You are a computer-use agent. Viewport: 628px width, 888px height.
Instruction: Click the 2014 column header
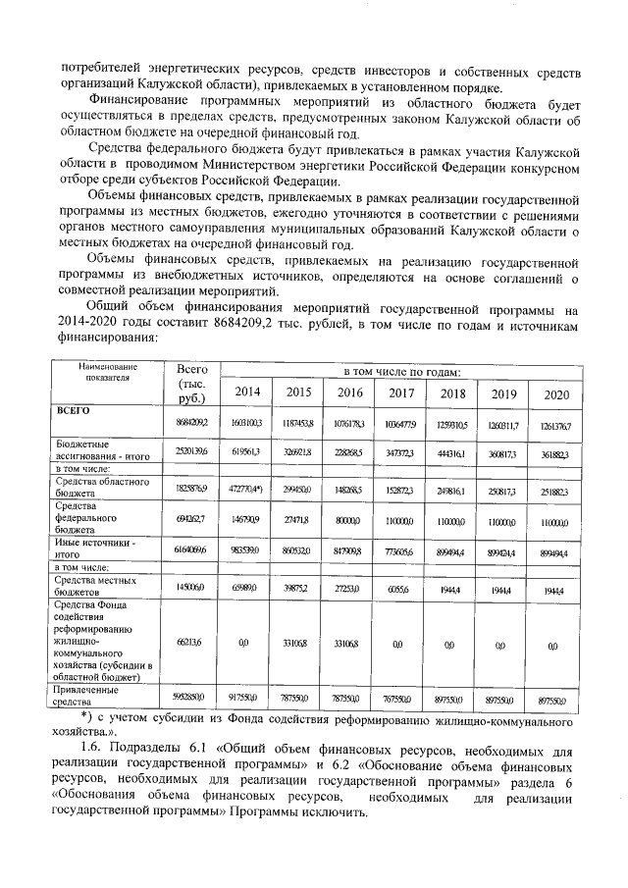click(x=244, y=393)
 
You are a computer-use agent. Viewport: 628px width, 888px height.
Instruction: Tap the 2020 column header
click(x=555, y=393)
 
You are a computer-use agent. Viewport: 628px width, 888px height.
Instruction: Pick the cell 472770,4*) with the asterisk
click(x=244, y=488)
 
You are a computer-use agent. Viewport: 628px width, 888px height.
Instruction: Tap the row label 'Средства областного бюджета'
click(x=98, y=487)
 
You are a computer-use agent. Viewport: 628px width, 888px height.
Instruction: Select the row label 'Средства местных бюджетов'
click(x=94, y=586)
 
